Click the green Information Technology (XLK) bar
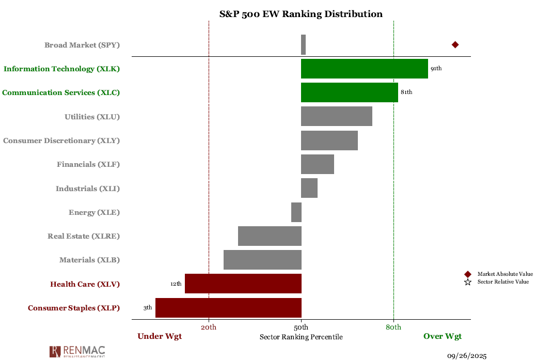(x=364, y=69)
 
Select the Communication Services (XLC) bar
(x=349, y=92)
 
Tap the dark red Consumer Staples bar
(x=228, y=308)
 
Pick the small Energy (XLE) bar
(x=296, y=212)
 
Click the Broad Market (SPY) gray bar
(x=303, y=45)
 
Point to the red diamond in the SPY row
(x=455, y=45)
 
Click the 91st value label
(x=436, y=69)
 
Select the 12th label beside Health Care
(x=176, y=284)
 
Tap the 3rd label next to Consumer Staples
(x=148, y=308)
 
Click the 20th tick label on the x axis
(x=209, y=327)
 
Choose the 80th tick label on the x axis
(x=393, y=327)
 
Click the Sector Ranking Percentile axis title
(x=301, y=337)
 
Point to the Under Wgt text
(x=160, y=336)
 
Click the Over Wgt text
(x=443, y=336)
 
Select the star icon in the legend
(x=468, y=282)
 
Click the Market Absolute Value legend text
(x=505, y=274)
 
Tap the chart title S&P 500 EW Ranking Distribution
(x=301, y=14)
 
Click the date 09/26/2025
(x=467, y=355)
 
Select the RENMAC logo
(x=77, y=352)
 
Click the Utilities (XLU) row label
(x=92, y=117)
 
